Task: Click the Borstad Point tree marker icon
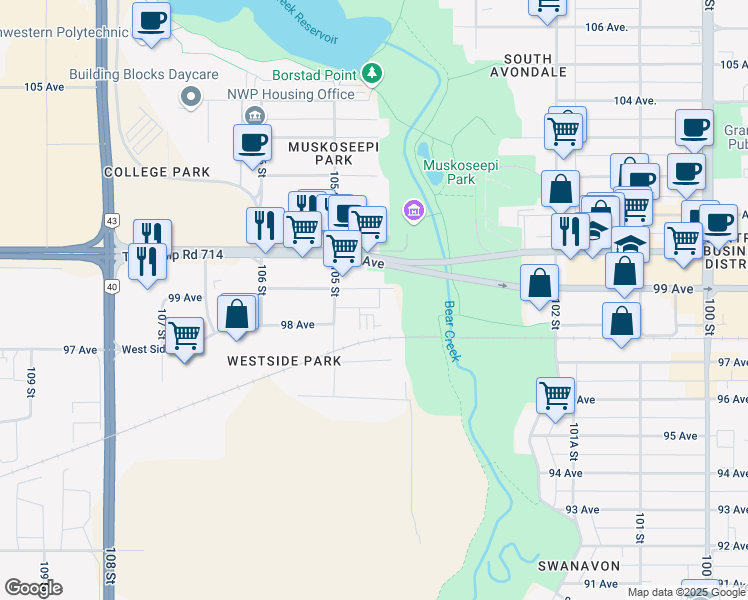pos(372,73)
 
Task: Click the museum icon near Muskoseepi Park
pos(412,210)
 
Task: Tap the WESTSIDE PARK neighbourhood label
pos(283,361)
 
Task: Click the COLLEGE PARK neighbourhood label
pos(157,172)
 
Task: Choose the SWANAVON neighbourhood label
pos(578,566)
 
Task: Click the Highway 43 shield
pos(111,220)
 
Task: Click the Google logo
pos(33,588)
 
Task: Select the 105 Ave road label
pos(44,87)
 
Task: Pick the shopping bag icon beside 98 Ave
pos(237,312)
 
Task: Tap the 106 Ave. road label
pos(607,27)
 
